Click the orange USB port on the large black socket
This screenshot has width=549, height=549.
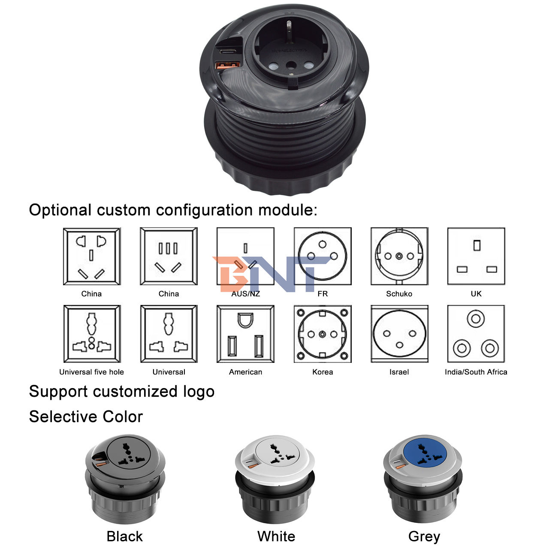click(227, 65)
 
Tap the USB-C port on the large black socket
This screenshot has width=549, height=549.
click(228, 52)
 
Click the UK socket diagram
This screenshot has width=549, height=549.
click(476, 256)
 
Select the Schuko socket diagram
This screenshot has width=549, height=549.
click(399, 256)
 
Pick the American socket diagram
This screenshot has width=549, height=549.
click(245, 334)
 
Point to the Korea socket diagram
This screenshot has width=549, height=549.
click(323, 334)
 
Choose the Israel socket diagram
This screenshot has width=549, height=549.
click(399, 334)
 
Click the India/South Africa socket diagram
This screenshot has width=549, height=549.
click(476, 334)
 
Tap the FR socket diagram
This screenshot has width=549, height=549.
click(323, 256)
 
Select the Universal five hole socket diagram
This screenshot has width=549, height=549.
click(92, 334)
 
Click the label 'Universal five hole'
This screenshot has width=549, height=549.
click(91, 372)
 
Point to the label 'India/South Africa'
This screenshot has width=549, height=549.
click(476, 372)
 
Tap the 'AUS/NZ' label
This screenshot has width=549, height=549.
click(246, 294)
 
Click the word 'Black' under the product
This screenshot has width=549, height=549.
click(124, 536)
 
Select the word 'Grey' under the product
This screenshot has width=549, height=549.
click(424, 537)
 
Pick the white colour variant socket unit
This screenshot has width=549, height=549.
click(275, 480)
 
